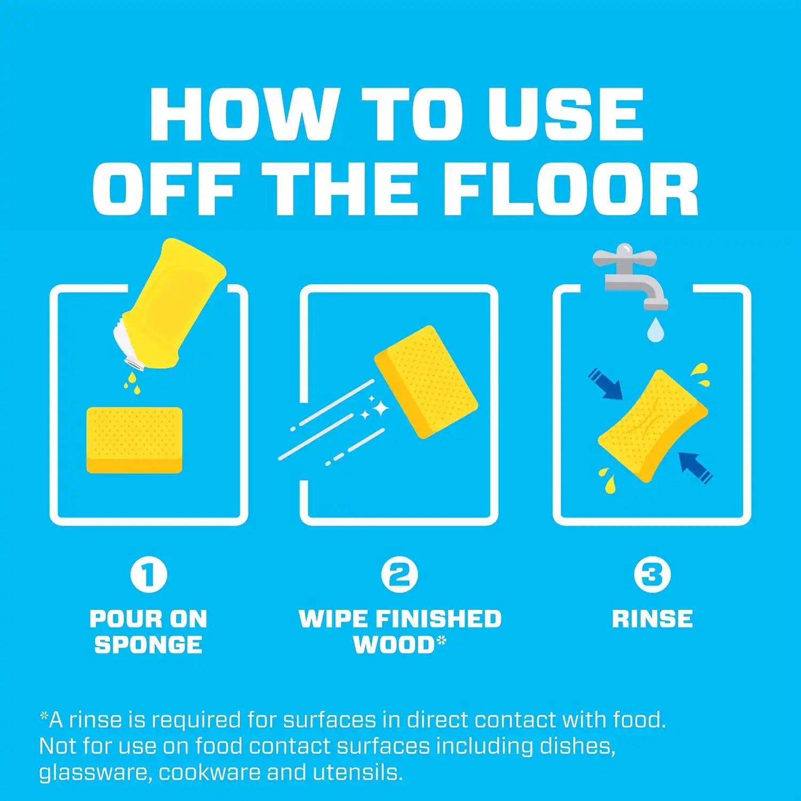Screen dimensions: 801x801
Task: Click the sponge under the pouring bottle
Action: (134, 440)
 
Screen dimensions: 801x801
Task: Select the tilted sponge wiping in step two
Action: (426, 381)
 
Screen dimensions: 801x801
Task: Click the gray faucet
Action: (630, 275)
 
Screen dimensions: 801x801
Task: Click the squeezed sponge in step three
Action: (653, 425)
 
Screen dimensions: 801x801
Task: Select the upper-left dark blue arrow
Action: (606, 384)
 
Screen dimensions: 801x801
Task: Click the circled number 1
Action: (149, 575)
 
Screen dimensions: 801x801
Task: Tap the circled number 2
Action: (399, 575)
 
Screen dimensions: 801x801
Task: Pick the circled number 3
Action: (652, 575)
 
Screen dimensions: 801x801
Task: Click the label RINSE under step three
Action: (652, 619)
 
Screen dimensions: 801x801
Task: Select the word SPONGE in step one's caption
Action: (148, 645)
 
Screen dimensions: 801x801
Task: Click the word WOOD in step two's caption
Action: (395, 645)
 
